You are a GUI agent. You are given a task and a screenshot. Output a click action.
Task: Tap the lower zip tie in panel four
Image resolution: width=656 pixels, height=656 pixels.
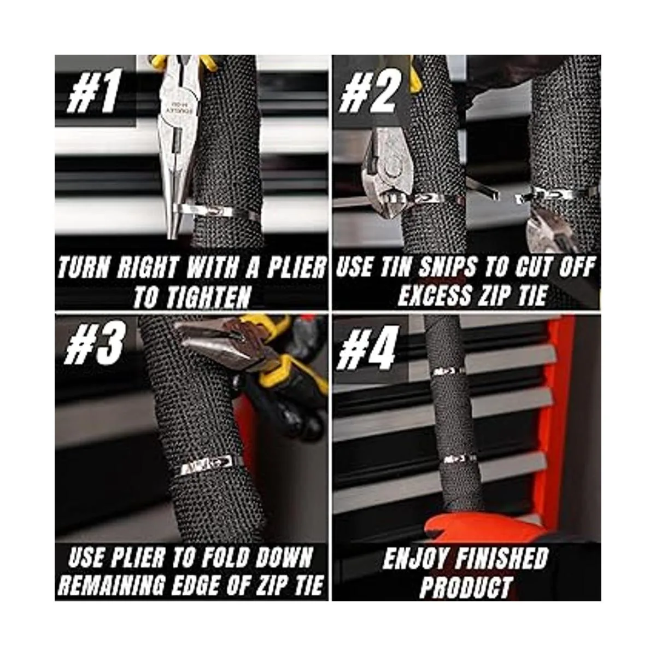pos(459,459)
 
